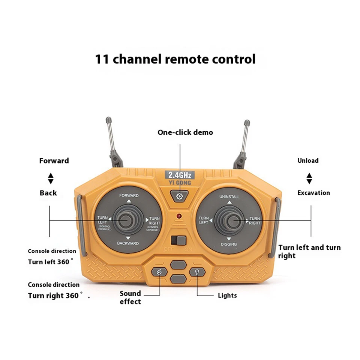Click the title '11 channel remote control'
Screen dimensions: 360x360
(175, 59)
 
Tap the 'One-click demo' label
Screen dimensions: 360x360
(185, 132)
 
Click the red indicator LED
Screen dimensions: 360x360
(180, 216)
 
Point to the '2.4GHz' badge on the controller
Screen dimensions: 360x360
(180, 175)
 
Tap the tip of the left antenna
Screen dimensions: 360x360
(108, 120)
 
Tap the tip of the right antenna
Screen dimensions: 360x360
(247, 123)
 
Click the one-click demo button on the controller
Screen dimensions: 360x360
(180, 195)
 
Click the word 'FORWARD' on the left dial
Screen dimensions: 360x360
(129, 195)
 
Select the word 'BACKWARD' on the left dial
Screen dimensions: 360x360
(127, 243)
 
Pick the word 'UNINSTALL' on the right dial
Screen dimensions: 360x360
(229, 197)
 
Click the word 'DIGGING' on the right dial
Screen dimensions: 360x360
(229, 244)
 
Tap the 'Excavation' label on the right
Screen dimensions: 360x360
(313, 193)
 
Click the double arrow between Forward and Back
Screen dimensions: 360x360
(51, 178)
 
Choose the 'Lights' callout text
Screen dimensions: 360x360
(227, 295)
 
